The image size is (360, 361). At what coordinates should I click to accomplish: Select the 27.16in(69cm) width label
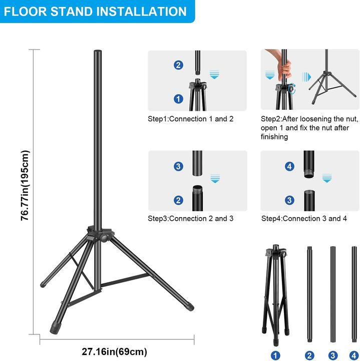(115, 351)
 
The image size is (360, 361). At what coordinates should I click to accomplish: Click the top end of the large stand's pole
(97, 52)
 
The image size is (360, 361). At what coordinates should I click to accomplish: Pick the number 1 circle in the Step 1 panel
(179, 99)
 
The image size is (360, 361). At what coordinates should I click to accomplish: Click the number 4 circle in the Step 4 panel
(289, 166)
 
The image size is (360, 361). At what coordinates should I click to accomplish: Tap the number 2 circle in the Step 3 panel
(179, 200)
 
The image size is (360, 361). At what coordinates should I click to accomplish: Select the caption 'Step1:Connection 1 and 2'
(190, 119)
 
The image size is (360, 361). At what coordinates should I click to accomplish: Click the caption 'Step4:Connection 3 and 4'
(304, 219)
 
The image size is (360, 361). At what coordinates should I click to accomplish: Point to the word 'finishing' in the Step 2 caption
(274, 137)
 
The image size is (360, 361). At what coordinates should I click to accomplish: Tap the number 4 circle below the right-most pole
(354, 355)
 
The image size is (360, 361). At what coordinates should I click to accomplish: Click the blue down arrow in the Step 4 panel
(327, 177)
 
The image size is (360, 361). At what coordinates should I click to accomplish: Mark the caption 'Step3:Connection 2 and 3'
(190, 219)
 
